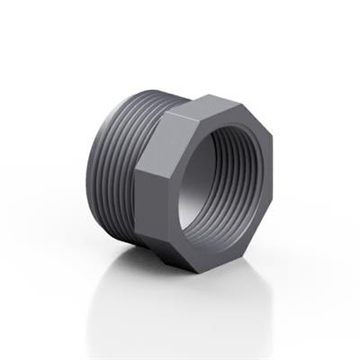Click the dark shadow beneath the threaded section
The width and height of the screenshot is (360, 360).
(x=135, y=256)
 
